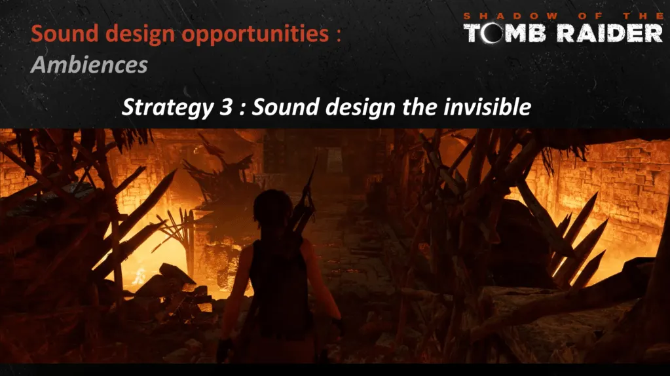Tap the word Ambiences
click(89, 65)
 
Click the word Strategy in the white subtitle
click(167, 107)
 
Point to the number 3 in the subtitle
click(225, 107)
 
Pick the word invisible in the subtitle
click(487, 106)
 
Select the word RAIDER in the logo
click(610, 33)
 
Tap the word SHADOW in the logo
click(511, 16)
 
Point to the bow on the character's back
click(305, 201)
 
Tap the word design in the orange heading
click(140, 35)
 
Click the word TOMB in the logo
click(505, 33)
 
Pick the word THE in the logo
click(642, 16)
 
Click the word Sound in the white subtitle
click(285, 107)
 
